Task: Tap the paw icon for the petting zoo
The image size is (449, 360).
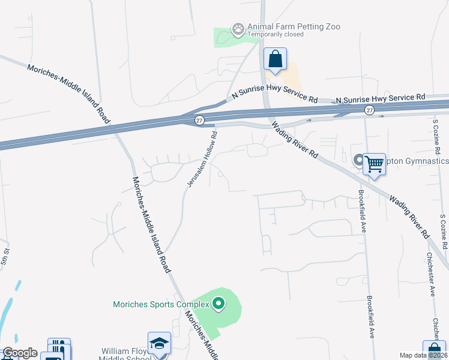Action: [x=239, y=28]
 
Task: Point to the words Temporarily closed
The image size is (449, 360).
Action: [x=276, y=35]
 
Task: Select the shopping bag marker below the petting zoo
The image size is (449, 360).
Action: [x=275, y=60]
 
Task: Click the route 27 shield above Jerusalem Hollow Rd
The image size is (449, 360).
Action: [x=200, y=120]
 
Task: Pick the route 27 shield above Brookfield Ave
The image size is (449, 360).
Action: [x=369, y=110]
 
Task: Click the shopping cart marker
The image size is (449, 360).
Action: [x=374, y=163]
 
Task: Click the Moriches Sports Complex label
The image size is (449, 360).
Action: [x=161, y=304]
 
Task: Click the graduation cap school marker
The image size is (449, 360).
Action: [x=160, y=344]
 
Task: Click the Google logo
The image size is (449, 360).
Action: [x=20, y=353]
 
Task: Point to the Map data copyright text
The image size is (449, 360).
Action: [x=424, y=355]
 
